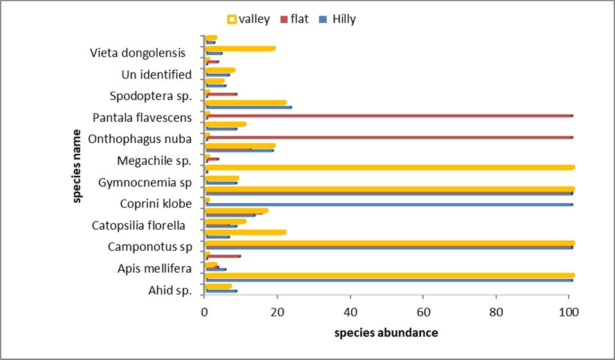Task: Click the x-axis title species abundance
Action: coord(386,333)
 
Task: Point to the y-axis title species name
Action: coord(76,166)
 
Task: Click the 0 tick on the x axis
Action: coord(204,313)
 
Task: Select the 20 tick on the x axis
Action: coord(277,313)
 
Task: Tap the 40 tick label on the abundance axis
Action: coord(350,313)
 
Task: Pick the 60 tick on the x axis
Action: coord(422,313)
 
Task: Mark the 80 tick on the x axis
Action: coord(496,313)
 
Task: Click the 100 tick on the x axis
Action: coord(569,313)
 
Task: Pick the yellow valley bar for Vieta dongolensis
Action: coord(240,48)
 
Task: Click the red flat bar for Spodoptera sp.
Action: coord(221,94)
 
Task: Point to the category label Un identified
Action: coord(157,75)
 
